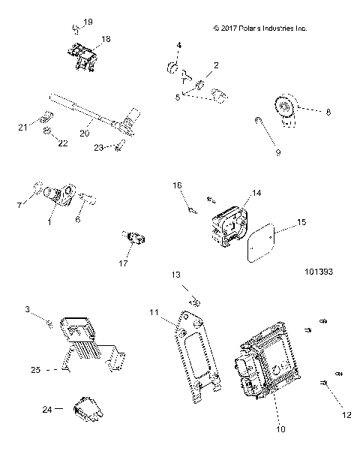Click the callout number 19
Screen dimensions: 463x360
click(x=89, y=23)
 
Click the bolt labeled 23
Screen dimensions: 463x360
click(x=118, y=146)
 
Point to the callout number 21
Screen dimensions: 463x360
click(x=22, y=127)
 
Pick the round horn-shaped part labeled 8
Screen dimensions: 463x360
click(x=286, y=110)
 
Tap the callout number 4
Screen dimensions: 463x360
click(x=178, y=47)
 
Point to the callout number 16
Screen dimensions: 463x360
click(x=178, y=185)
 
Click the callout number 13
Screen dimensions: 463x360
click(x=177, y=275)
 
